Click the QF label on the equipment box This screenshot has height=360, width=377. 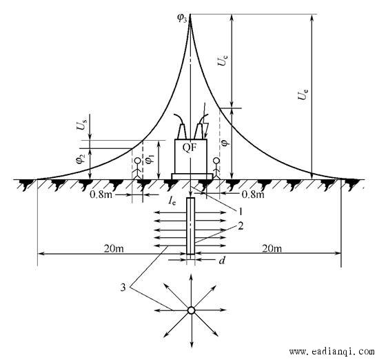[x=190, y=148]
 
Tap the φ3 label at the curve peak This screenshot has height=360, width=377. [x=182, y=19]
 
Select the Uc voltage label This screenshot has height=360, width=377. [x=223, y=61]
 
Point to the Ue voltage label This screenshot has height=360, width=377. [x=303, y=94]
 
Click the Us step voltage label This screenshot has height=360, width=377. [x=81, y=125]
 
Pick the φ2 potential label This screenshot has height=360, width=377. [x=81, y=159]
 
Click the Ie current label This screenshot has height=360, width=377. [x=172, y=201]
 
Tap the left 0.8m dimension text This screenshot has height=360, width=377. [x=101, y=194]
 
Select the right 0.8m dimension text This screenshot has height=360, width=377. [x=253, y=194]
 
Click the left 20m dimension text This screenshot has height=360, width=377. [x=114, y=248]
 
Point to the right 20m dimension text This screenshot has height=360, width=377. [x=272, y=248]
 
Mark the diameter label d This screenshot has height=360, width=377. [x=222, y=260]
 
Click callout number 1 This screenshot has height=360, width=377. [x=240, y=212]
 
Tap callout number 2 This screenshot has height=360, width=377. [x=241, y=226]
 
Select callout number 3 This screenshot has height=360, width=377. [x=123, y=288]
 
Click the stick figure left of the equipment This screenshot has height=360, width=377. [x=138, y=168]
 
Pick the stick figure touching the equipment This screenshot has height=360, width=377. [x=216, y=168]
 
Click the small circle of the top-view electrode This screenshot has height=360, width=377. [x=191, y=310]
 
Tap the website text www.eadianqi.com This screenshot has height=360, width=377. [x=332, y=352]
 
